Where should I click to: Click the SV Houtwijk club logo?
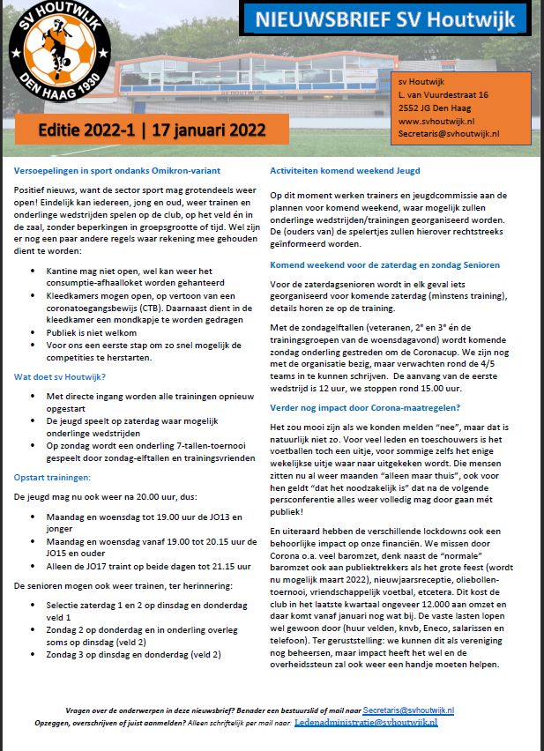57,55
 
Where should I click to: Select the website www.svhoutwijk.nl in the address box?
436,120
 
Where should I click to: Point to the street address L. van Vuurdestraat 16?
443,94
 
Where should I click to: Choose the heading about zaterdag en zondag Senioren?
384,264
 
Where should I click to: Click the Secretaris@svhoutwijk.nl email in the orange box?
449,132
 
